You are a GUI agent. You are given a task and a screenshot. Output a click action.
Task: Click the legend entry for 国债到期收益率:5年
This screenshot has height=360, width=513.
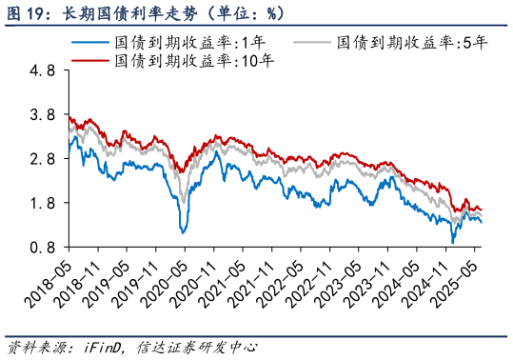point(400,43)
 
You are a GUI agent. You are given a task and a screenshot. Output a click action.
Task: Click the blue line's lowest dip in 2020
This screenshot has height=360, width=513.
point(183,231)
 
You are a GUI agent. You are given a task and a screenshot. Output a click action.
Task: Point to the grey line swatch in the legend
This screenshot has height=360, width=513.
point(313,43)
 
